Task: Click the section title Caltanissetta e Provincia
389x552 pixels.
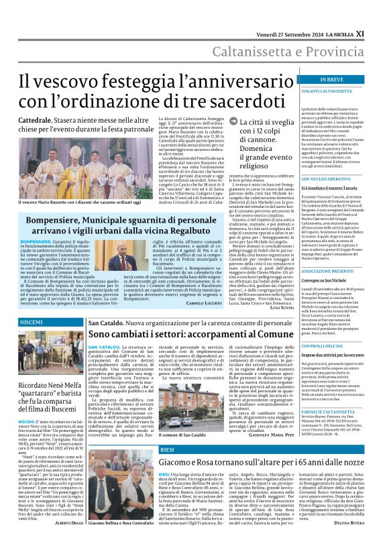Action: [x=288, y=52]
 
